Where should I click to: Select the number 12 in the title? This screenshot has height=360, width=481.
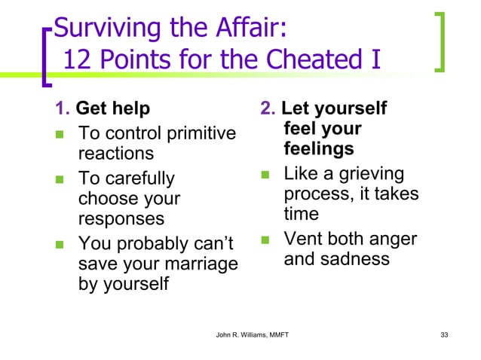click(78, 59)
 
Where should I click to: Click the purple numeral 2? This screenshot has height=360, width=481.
click(266, 109)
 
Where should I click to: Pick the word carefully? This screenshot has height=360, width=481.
click(137, 178)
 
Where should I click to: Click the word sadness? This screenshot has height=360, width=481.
click(354, 259)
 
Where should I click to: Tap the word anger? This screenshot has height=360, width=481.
click(392, 239)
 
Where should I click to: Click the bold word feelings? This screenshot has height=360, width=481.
click(318, 149)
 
